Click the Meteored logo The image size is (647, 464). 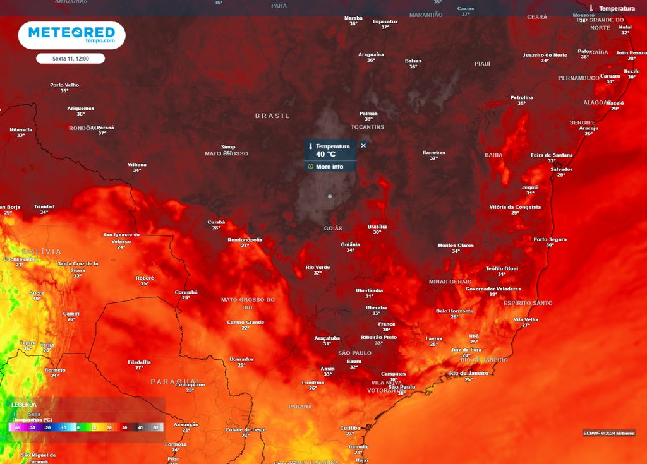tap(71, 34)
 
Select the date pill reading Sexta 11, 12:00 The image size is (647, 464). tap(70, 58)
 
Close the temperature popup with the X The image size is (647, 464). tap(363, 146)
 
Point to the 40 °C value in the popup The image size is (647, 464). tap(326, 154)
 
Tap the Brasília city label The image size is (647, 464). tap(377, 227)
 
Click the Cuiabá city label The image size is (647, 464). tap(216, 222)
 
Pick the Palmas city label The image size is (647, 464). tap(368, 114)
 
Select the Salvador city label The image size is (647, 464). tap(561, 169)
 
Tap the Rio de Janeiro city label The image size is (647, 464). tap(468, 373)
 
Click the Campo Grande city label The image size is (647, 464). tap(245, 323)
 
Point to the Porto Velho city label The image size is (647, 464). tap(64, 85)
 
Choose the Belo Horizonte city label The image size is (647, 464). tap(454, 311)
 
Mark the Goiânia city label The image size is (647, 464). tap(350, 244)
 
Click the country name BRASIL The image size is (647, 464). tap(272, 116)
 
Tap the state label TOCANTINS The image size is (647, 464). tap(367, 127)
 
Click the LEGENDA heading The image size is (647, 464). tap(24, 405)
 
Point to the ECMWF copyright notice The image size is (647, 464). tap(608, 433)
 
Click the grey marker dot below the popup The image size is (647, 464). tap(330, 196)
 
